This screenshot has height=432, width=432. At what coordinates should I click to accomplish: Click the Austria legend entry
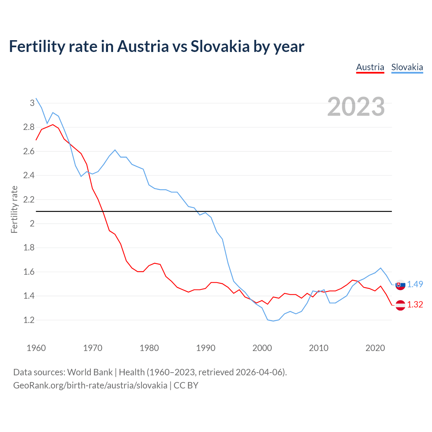coord(370,67)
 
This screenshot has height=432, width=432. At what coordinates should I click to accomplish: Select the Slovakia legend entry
coord(407,67)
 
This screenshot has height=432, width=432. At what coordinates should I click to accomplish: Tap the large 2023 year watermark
coord(356,107)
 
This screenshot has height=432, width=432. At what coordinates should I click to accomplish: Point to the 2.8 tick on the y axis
coord(29,127)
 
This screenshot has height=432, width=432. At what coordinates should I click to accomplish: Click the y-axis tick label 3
coord(32,103)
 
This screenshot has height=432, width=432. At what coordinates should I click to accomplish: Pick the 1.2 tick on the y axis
coord(29,320)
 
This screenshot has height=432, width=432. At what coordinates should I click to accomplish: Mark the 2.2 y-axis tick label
coord(29,199)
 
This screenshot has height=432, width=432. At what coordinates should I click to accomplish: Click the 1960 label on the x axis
coord(36,348)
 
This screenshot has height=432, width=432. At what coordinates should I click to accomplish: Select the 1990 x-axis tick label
coord(206,348)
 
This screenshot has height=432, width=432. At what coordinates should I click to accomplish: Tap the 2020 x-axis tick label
coord(375,348)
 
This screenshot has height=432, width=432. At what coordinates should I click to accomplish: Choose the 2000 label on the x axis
coord(262,348)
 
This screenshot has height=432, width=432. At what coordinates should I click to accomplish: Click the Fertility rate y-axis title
coord(14,209)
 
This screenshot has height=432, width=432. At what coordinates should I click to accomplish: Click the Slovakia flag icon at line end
coord(400,285)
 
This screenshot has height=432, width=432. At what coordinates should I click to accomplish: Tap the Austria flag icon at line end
coord(400,305)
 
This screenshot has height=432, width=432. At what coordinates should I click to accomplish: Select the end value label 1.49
coord(415,284)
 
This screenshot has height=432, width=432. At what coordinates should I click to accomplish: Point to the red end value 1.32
coord(415,304)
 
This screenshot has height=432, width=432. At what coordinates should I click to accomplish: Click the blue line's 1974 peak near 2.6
coord(115,150)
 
